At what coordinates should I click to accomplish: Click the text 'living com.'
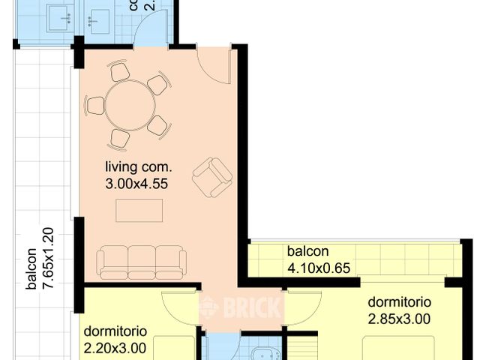click(x=139, y=166)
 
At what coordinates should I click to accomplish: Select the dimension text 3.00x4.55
click(x=138, y=181)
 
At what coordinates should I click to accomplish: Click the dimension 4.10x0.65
click(x=319, y=267)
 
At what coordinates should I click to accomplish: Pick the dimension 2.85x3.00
click(x=399, y=318)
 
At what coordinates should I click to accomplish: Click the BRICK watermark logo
click(x=240, y=307)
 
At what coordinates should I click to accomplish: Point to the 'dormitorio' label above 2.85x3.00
click(x=399, y=302)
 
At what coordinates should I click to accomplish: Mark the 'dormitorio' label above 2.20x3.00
click(x=115, y=331)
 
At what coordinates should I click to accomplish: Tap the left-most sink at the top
click(x=56, y=18)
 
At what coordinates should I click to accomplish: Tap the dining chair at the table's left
click(x=95, y=105)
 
